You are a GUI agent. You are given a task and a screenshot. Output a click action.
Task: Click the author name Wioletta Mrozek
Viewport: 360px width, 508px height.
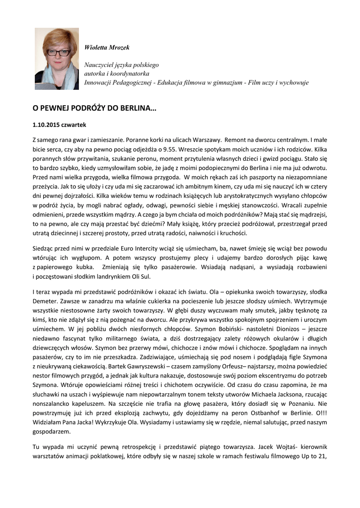107,48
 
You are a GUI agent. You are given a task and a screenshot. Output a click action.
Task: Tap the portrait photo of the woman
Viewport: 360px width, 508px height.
57,59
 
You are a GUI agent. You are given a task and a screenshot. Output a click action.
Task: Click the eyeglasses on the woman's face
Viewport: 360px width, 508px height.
58,53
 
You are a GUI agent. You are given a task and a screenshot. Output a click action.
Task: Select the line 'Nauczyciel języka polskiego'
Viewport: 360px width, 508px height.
121,65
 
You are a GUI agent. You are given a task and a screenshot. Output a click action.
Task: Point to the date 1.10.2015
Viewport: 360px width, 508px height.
47,125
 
